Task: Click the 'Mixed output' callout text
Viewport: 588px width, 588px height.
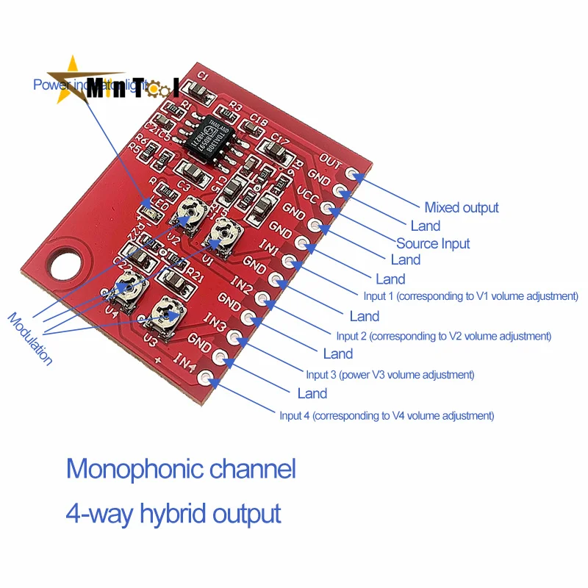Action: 462,207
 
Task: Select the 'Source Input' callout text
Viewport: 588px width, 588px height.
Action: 433,243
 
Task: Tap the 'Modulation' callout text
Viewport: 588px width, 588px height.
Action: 30,339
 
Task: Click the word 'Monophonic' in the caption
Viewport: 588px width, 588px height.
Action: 140,468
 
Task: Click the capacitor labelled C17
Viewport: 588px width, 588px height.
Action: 276,151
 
